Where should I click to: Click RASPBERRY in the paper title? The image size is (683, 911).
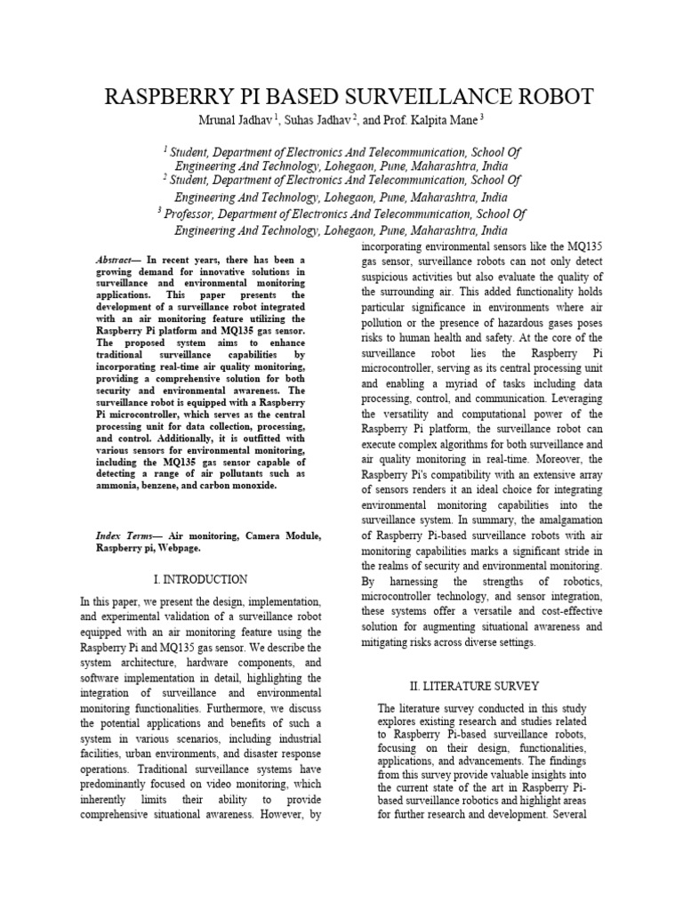(164, 96)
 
